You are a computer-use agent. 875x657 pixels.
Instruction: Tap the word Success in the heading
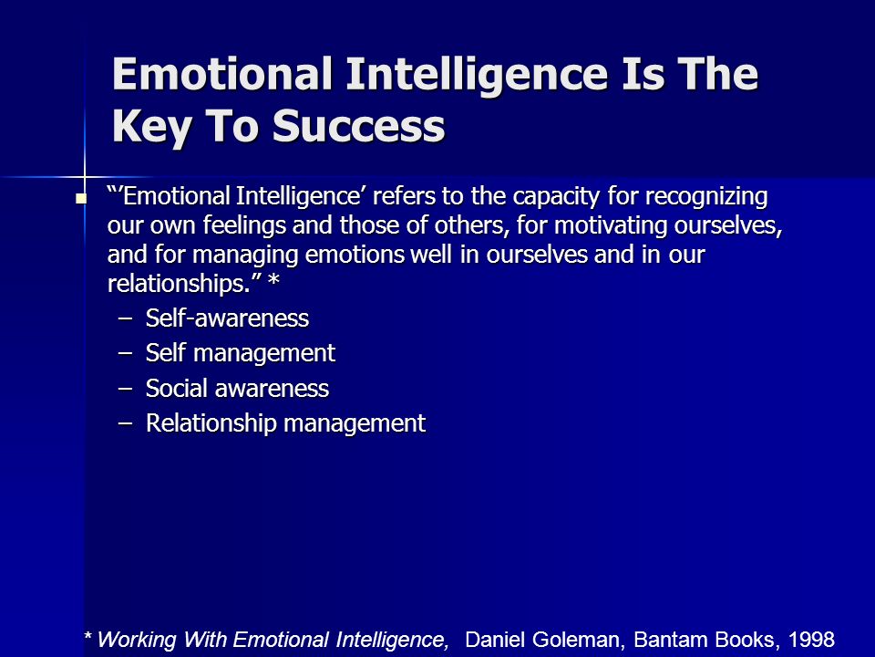pyautogui.click(x=358, y=125)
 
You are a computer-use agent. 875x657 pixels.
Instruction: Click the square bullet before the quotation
pyautogui.click(x=81, y=198)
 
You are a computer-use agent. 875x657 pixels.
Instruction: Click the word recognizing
pyautogui.click(x=706, y=197)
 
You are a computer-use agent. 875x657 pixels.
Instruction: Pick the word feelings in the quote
pyautogui.click(x=244, y=226)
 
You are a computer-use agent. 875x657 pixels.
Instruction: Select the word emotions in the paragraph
pyautogui.click(x=355, y=255)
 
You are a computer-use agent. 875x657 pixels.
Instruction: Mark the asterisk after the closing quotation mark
pyautogui.click(x=273, y=279)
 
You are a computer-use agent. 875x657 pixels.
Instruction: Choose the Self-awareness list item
pyautogui.click(x=227, y=318)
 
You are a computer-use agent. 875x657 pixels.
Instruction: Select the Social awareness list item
pyautogui.click(x=237, y=389)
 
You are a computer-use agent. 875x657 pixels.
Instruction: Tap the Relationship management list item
pyautogui.click(x=285, y=423)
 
